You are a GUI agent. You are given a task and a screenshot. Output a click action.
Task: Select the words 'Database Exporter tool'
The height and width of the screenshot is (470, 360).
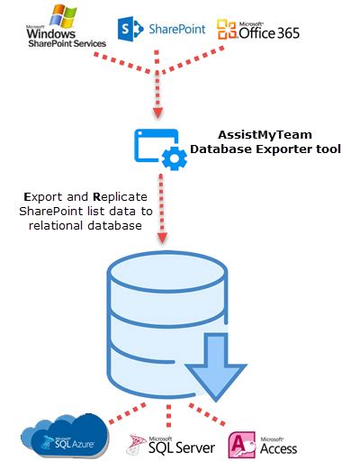coord(266,148)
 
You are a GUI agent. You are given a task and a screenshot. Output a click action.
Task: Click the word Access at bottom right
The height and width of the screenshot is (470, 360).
coord(277,447)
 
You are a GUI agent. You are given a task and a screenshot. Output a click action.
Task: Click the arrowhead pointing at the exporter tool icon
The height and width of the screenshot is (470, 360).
coord(158,113)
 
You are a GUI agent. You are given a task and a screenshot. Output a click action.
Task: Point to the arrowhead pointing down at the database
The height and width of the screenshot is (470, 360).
coord(164,240)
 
